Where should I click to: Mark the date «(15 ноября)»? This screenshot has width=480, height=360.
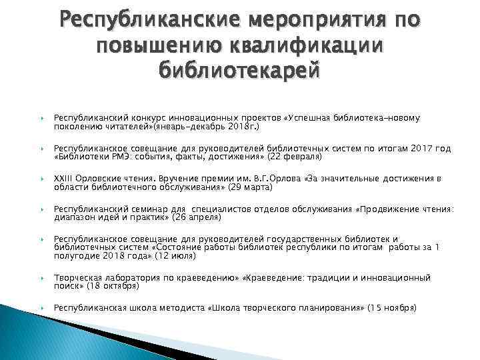(x=393, y=308)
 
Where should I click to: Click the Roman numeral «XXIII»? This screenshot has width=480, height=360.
(x=65, y=179)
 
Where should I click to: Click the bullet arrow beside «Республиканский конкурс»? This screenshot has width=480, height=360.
(x=42, y=118)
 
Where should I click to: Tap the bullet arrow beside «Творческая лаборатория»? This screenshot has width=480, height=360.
(x=42, y=277)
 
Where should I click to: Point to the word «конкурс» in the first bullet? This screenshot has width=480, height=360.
(x=139, y=118)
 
